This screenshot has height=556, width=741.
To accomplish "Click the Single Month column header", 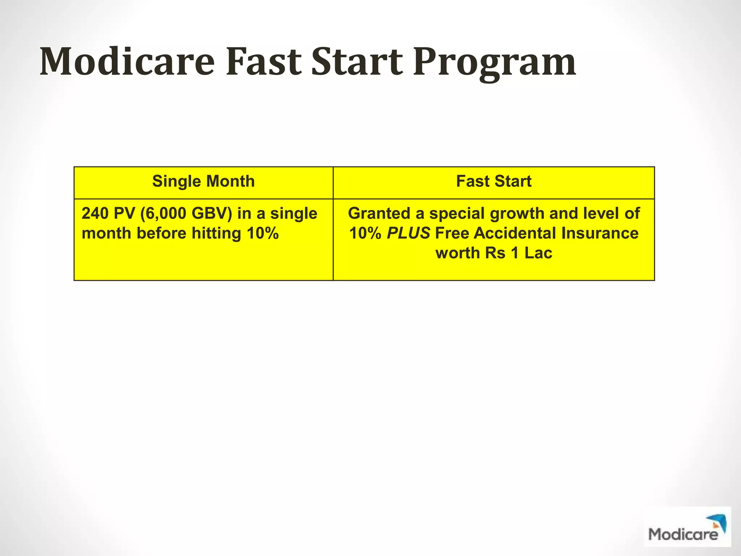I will point(203,181).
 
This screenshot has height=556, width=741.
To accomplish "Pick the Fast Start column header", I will point(494,181).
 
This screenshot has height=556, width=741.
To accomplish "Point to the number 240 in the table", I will point(95,214).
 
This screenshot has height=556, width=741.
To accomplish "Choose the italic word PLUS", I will point(408,233).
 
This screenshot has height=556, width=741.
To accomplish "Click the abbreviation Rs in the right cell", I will point(495,253).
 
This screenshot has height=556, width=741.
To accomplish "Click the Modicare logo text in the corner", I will point(683,534).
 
